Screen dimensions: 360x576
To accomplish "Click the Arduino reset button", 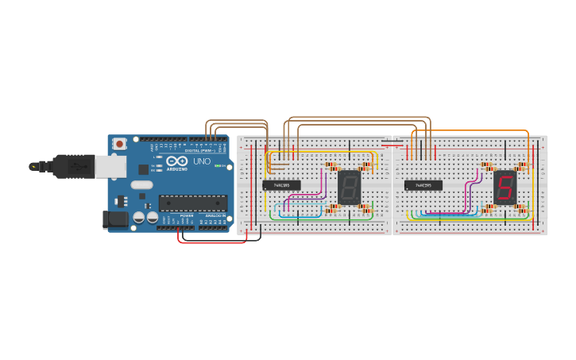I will [x=119, y=144].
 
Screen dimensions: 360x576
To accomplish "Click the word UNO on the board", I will [x=202, y=162].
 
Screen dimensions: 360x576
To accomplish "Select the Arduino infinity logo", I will [x=177, y=161].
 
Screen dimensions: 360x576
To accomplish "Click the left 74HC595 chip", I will [x=281, y=185].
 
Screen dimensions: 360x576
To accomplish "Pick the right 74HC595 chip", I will [x=423, y=185].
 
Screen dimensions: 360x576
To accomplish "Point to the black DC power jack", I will [x=115, y=219].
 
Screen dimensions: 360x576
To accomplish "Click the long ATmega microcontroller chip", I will [x=192, y=203].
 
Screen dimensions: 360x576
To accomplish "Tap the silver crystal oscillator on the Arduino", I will [x=141, y=185].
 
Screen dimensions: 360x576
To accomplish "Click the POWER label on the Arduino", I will [x=187, y=215].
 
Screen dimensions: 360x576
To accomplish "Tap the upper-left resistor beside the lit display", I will [x=487, y=167].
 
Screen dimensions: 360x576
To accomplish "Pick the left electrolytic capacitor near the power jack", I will [x=138, y=217].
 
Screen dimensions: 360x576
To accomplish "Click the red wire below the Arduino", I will [x=211, y=242].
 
